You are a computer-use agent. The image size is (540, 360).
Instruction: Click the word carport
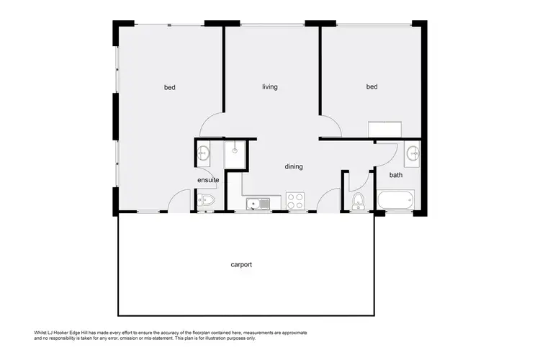coord(241,264)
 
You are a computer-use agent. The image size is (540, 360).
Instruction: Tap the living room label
coord(269,87)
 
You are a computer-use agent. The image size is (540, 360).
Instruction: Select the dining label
coord(294,166)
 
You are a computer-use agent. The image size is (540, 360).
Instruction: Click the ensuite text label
coord(208,179)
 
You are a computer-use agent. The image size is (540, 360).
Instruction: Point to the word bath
coord(396,175)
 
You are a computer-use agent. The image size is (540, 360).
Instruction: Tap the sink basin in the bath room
coord(412,153)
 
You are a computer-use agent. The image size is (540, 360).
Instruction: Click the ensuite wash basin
coord(202,152)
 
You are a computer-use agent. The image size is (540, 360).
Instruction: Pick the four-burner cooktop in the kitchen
coord(296,200)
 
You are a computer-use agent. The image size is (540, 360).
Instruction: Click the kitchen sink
coord(256,204)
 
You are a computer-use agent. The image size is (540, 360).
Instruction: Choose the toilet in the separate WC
coord(358,199)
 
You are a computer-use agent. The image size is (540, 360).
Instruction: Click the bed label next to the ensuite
coord(170,88)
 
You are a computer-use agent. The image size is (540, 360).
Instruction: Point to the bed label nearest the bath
coord(372,87)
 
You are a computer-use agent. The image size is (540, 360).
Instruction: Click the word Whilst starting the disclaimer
coord(43,332)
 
